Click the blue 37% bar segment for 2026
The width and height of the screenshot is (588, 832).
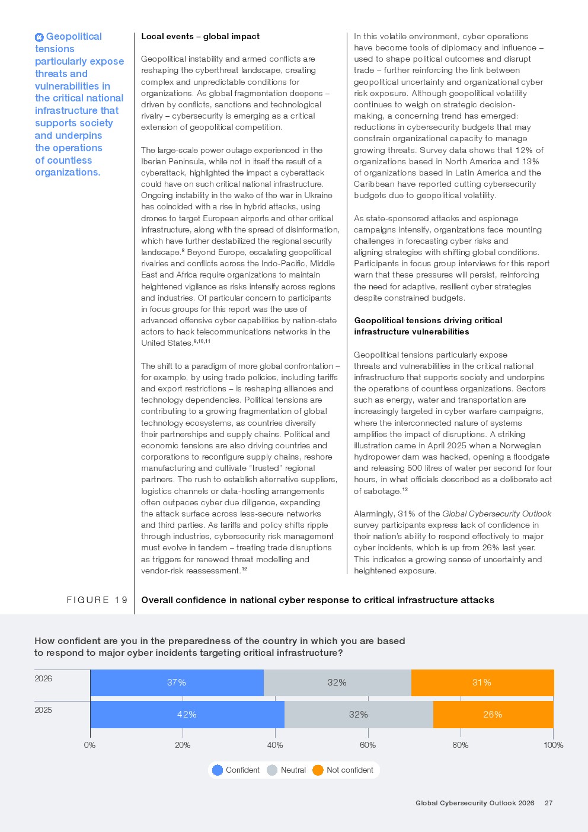(x=177, y=683)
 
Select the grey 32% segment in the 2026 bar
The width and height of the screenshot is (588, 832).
(x=337, y=683)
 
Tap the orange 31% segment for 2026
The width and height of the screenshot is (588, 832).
(x=482, y=683)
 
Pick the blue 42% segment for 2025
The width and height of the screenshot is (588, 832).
(x=187, y=715)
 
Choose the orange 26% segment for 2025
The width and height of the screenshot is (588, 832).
(x=493, y=715)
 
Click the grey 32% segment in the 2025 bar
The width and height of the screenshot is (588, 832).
(x=358, y=715)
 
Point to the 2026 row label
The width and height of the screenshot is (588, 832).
(x=43, y=678)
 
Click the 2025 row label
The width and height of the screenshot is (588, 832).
(x=43, y=710)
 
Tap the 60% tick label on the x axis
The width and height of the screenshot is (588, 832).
(x=367, y=745)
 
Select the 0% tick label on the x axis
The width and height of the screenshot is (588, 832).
(x=90, y=745)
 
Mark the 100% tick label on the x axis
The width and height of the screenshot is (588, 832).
(x=553, y=745)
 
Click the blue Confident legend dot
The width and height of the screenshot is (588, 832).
(x=218, y=770)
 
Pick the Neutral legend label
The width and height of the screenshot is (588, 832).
(x=293, y=770)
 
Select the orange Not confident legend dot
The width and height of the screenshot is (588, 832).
(x=318, y=770)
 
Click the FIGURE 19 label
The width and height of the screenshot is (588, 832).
(x=97, y=600)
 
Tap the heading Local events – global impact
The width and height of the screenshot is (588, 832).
(x=200, y=37)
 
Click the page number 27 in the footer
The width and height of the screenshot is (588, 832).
(x=549, y=803)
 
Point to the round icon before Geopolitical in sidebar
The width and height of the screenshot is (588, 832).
(x=39, y=37)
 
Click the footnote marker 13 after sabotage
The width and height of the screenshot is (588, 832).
(x=405, y=489)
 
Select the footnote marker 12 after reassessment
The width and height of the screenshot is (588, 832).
(x=244, y=569)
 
